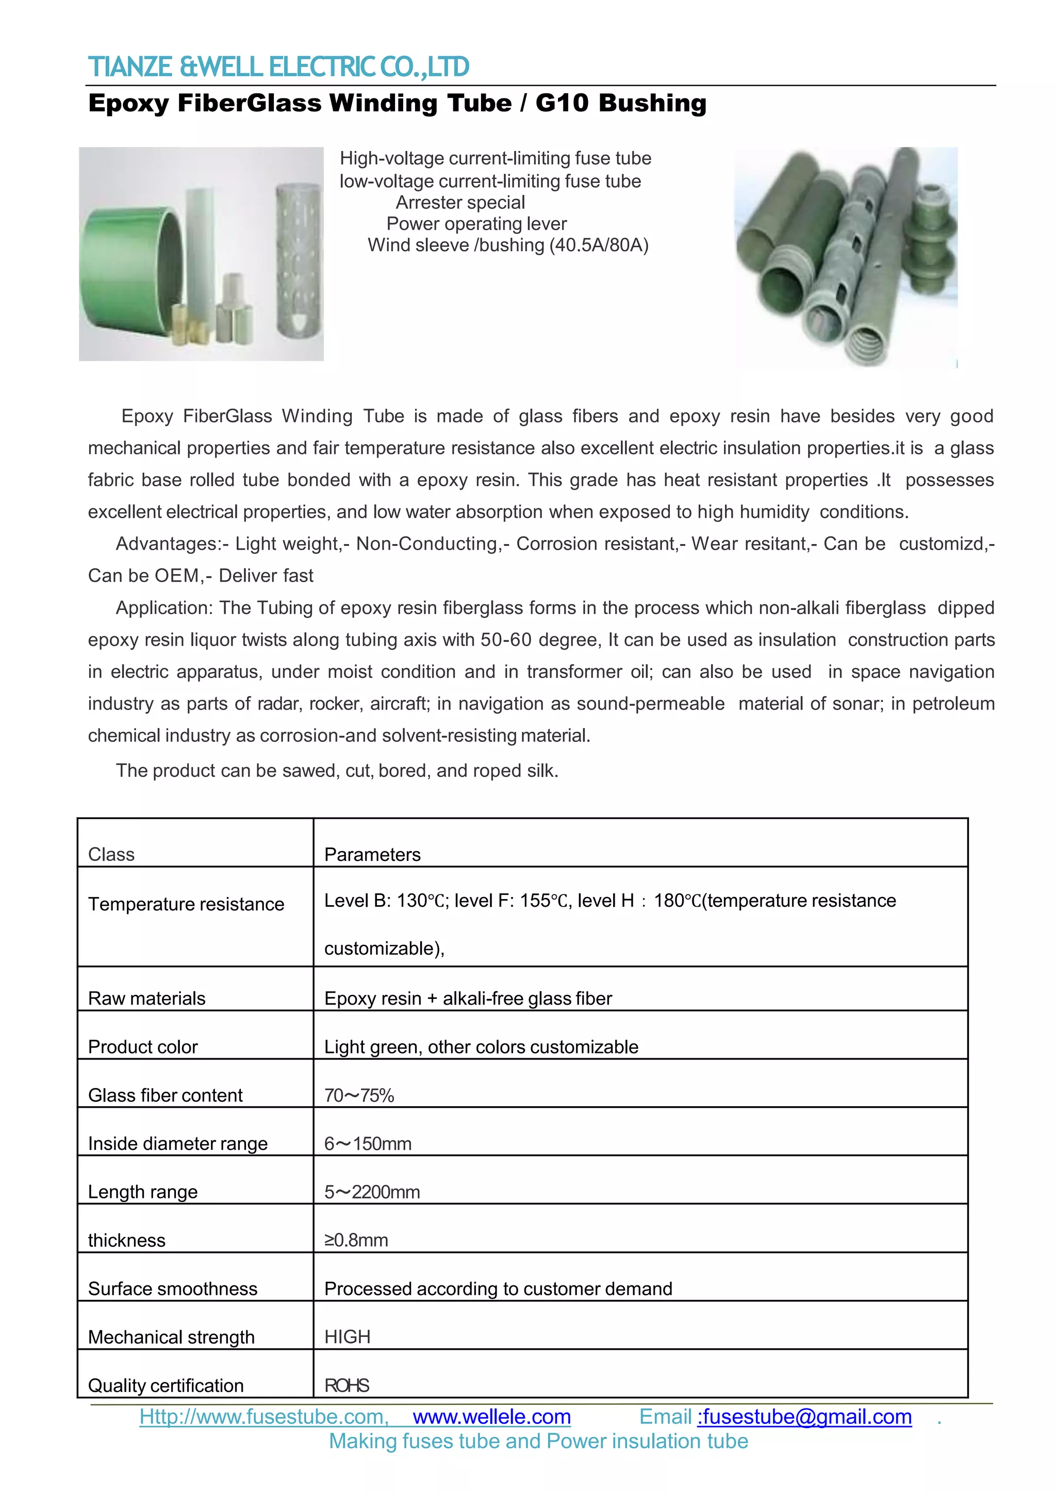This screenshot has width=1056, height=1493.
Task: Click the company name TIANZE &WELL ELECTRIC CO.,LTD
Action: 278,67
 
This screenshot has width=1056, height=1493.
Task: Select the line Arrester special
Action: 460,203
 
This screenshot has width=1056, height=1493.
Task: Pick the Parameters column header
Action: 372,855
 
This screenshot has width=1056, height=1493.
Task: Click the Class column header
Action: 111,855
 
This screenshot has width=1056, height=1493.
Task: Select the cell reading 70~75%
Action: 359,1096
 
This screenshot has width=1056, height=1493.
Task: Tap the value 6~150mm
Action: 368,1144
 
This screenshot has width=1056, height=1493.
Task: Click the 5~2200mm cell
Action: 372,1192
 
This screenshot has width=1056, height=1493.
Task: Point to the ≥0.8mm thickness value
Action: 356,1240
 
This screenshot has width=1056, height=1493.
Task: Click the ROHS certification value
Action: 347,1386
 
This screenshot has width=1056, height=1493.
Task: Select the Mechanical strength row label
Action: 171,1337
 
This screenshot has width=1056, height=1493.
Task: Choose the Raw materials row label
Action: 146,998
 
